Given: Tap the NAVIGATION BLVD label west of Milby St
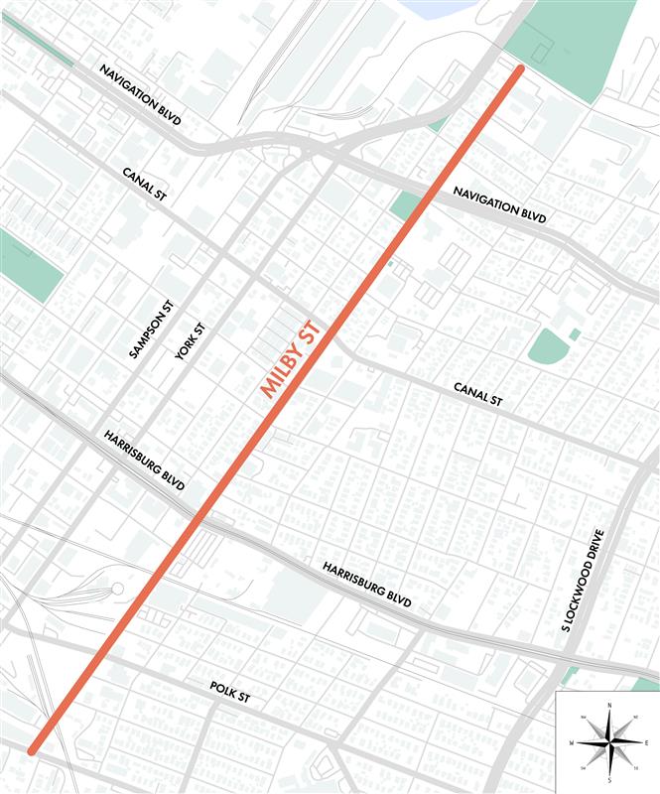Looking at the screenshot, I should [142, 95].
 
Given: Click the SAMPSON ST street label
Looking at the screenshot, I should [151, 329].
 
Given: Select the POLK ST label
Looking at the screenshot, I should [230, 693].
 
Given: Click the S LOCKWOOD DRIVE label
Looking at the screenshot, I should [584, 589].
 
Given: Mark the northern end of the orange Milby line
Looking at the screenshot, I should [518, 69].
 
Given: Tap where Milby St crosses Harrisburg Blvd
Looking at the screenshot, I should [200, 517].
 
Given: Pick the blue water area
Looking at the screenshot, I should [437, 8].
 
